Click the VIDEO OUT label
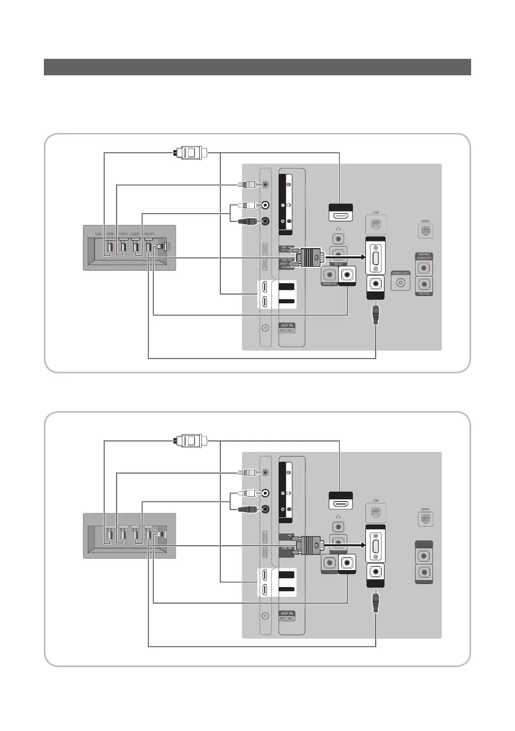[400, 273]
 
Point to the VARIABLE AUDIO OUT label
[424, 256]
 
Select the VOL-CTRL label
[424, 294]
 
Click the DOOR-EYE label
[329, 284]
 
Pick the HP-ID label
[339, 264]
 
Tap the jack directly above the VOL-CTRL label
[424, 284]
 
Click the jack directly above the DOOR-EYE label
[329, 274]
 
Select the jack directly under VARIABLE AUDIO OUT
[424, 268]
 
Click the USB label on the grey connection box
[98, 234]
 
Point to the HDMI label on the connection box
[110, 234]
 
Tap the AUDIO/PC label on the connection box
[149, 234]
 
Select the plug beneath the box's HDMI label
[109, 247]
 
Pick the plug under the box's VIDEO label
[123, 247]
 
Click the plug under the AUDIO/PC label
[149, 247]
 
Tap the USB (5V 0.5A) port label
[287, 249]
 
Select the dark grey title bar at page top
[257, 67]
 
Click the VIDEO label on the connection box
[123, 234]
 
